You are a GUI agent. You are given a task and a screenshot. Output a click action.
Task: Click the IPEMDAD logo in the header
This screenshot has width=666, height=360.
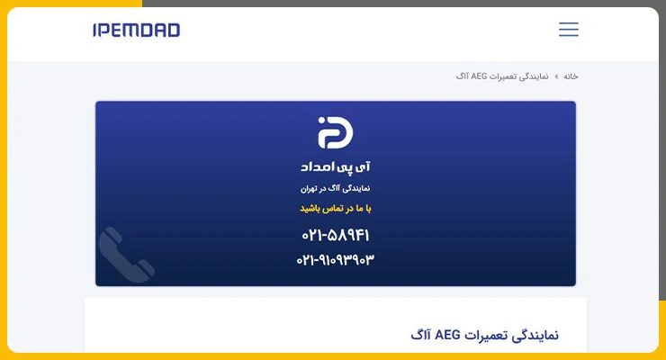click(136, 30)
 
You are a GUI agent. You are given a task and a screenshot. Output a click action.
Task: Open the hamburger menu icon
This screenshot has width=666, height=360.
click(568, 30)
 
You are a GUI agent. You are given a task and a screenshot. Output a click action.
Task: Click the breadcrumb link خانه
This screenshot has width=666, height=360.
click(571, 76)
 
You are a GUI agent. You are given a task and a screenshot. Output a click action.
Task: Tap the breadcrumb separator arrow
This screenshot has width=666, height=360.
click(556, 76)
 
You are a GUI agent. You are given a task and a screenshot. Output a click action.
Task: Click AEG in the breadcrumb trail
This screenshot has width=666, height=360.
click(479, 76)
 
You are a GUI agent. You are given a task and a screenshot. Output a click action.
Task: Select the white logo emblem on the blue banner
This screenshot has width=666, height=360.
click(335, 132)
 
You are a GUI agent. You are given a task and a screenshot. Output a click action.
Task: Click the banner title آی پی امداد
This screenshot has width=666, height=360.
click(335, 166)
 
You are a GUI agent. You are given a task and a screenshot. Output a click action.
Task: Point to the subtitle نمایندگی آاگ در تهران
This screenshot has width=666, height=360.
click(335, 188)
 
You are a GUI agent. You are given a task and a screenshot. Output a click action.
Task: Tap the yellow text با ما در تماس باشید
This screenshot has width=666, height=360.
click(335, 209)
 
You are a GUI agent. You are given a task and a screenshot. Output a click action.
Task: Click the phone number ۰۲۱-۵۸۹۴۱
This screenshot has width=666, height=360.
click(335, 235)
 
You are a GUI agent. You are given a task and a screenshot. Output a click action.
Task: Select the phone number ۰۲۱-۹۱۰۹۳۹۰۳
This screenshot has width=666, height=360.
click(335, 259)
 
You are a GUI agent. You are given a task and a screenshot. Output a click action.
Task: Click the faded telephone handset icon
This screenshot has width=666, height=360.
click(126, 255)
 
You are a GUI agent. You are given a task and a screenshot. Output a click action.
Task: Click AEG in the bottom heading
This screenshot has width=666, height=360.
click(447, 335)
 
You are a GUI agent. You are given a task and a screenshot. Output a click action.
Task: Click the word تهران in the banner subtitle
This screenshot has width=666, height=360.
click(309, 188)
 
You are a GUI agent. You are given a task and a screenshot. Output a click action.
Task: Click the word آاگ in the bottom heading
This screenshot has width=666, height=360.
click(420, 335)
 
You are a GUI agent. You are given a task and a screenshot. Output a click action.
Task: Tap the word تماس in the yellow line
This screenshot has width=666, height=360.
click(333, 209)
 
